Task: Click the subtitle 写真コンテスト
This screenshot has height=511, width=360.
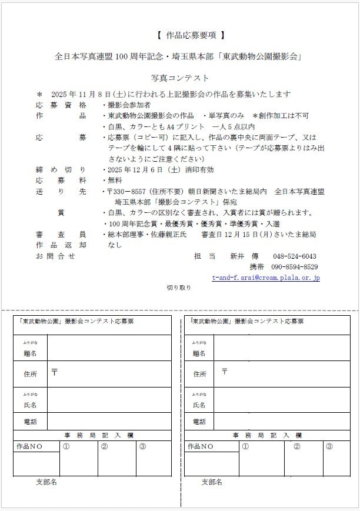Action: [x=179, y=78]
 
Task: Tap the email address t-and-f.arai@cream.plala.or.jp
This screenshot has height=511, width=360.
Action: [x=266, y=277]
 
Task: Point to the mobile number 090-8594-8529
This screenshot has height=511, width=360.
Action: [x=295, y=266]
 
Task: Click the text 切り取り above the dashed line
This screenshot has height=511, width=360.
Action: [x=179, y=288]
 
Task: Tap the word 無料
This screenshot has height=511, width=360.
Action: [x=115, y=180]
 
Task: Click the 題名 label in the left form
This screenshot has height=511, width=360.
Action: [x=30, y=353]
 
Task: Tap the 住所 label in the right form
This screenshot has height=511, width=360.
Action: [x=199, y=374]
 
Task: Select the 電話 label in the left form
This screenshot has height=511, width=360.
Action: [x=30, y=422]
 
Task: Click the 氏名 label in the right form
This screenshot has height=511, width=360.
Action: [x=199, y=405]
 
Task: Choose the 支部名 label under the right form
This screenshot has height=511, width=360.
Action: [x=212, y=482]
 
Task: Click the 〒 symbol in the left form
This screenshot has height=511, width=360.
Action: [x=55, y=372]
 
